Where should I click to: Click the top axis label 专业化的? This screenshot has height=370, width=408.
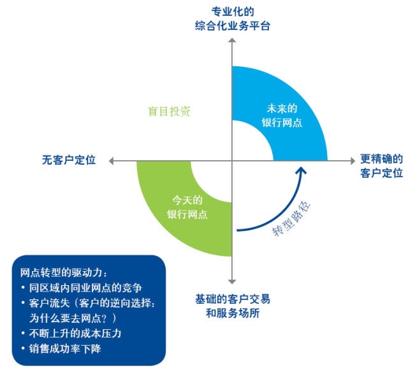point(233,11)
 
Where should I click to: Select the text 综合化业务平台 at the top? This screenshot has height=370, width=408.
point(233,26)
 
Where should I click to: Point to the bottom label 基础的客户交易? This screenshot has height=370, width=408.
point(233,299)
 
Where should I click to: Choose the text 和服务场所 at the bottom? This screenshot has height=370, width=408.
point(233,313)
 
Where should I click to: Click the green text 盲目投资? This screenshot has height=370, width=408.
point(169,111)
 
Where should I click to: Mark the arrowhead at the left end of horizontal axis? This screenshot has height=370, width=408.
point(112,161)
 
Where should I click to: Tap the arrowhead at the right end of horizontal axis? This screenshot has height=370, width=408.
point(352,161)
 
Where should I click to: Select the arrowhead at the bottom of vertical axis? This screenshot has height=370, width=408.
point(233,283)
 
